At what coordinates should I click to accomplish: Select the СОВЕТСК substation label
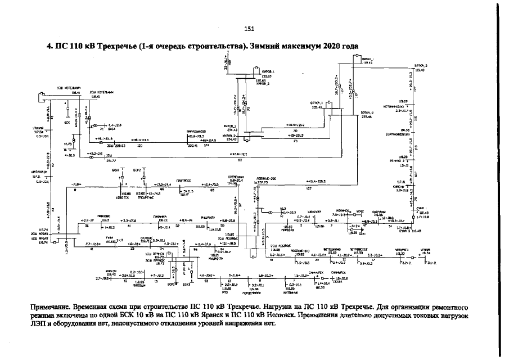pos(123,197)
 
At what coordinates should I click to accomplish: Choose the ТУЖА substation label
pos(110,237)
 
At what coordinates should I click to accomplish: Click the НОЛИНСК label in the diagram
pos(343,209)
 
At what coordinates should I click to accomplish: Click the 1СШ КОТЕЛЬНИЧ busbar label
pos(67,88)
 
